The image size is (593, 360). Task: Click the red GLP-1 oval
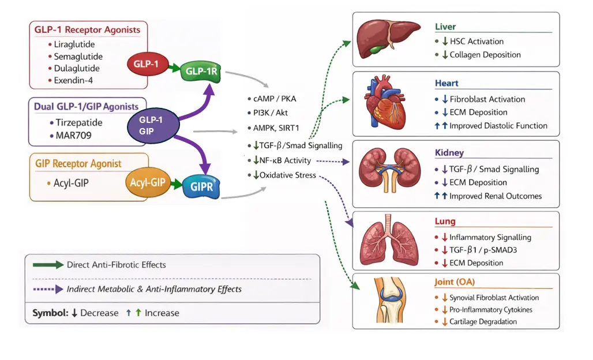(147, 63)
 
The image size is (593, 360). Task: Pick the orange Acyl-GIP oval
(148, 183)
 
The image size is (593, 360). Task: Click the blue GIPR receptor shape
(201, 187)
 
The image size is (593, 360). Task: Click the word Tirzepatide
(79, 123)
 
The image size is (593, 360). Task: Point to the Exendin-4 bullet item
(74, 81)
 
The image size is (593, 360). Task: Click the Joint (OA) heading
(455, 283)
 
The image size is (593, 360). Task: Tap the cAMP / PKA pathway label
(274, 99)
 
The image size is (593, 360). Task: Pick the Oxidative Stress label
(287, 175)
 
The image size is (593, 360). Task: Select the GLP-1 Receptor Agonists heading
(87, 30)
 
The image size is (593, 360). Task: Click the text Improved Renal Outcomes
(496, 196)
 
